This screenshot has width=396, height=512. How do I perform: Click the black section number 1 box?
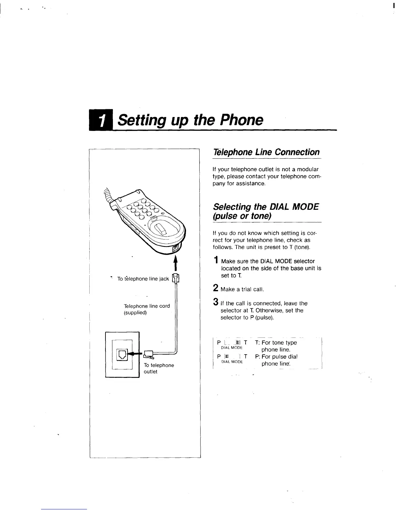[x=101, y=121]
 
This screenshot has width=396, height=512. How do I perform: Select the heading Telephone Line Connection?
[x=266, y=152]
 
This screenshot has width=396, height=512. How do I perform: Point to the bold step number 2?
[x=215, y=288]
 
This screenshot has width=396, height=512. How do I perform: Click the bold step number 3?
[x=215, y=302]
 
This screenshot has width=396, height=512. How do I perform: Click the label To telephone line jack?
[x=143, y=279]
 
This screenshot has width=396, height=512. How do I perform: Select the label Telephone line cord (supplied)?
[x=147, y=309]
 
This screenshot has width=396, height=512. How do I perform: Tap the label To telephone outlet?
[x=159, y=368]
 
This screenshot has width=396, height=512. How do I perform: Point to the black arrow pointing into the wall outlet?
[x=136, y=354]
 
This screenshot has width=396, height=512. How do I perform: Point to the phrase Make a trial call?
[x=242, y=289]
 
